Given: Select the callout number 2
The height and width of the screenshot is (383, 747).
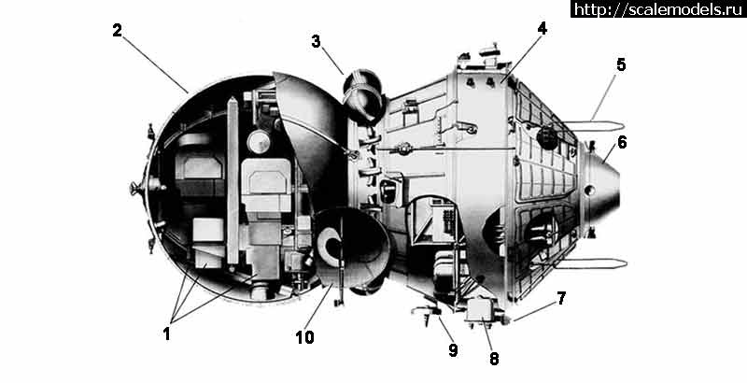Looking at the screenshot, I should coord(117,30).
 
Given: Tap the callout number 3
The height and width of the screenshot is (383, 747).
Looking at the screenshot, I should coord(317,41).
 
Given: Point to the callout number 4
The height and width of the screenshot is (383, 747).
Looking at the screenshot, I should coord(542,29).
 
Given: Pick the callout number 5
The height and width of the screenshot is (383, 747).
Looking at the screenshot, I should coord(621,65).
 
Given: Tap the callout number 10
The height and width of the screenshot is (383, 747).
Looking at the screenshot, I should coord(305,336).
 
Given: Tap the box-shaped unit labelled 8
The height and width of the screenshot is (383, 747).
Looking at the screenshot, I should coord(484,309).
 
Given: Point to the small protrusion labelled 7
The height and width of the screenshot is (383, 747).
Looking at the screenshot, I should coord(508,319).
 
